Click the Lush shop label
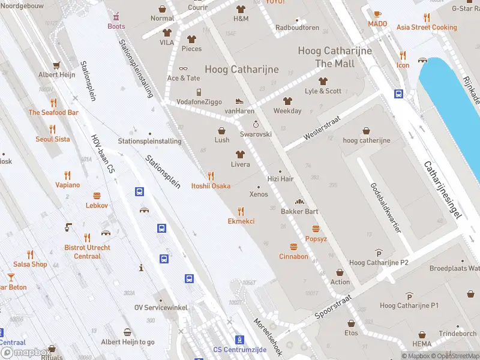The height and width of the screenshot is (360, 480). point(222,140)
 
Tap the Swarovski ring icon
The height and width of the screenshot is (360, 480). point(256,124)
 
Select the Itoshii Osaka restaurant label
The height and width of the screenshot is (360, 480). point(211,186)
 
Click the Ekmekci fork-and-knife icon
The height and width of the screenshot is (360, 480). point(241,211)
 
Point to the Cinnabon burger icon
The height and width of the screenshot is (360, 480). point(293,247)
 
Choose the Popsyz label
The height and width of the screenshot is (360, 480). point(316,239)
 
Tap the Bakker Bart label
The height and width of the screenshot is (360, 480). point(299,211)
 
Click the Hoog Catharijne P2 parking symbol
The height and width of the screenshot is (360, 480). point(379,253)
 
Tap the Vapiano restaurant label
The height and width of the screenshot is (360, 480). point(67,185)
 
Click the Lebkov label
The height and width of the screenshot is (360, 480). point(97,205)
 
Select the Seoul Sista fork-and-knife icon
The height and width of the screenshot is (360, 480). point(52,129)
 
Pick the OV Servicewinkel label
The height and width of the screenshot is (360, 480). point(161,308)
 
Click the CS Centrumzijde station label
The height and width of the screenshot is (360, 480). point(239,350)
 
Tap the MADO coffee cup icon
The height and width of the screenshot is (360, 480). point(377,14)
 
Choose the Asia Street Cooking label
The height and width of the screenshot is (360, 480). point(427,28)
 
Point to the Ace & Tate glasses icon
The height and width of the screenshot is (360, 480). point(183,68)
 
